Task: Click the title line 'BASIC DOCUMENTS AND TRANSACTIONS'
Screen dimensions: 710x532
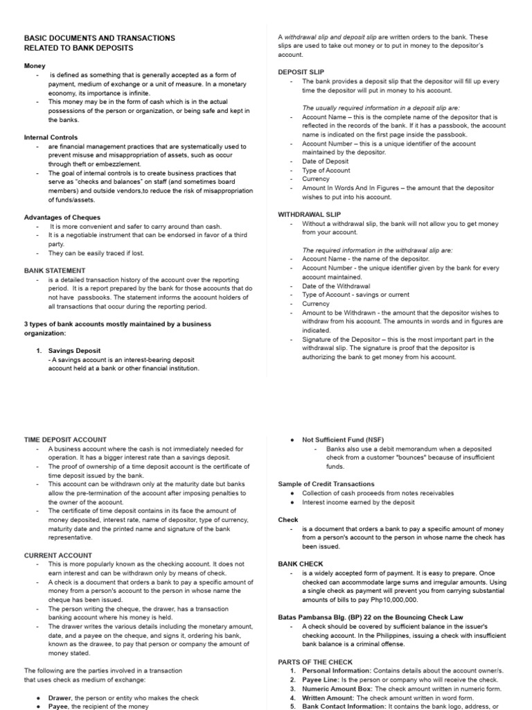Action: point(99,38)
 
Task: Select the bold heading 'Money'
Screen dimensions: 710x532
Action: point(35,66)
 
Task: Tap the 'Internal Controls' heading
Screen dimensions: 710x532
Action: point(51,137)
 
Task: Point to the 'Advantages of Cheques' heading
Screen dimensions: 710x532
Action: point(62,217)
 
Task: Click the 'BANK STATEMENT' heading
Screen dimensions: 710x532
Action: point(55,270)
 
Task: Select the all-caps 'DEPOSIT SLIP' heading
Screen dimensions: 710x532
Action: point(301,72)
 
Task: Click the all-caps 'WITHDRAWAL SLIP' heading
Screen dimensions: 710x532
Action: point(308,214)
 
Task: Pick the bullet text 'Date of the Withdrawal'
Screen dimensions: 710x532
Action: point(336,286)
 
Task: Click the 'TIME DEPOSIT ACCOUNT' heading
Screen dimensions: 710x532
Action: point(65,440)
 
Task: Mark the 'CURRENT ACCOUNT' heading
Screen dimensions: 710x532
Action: point(57,555)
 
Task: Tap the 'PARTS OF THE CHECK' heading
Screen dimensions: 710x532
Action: point(314,661)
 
